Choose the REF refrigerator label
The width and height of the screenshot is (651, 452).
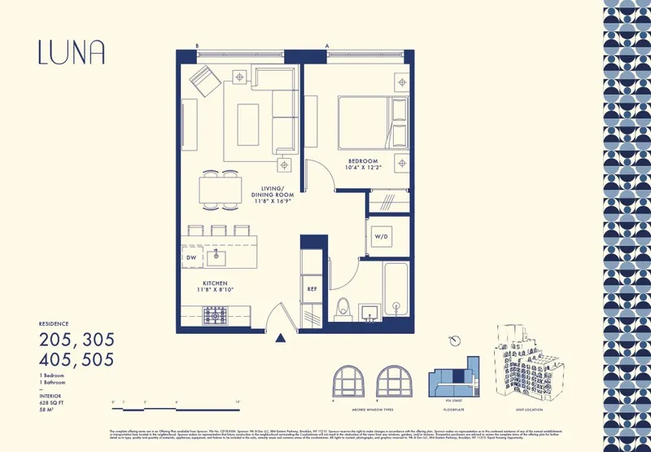312,288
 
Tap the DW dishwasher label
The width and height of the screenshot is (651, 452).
190,257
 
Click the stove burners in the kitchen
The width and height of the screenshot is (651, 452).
215,314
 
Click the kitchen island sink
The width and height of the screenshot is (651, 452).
217,257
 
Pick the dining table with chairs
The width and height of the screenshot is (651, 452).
220,189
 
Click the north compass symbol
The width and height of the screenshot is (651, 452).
456,342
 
